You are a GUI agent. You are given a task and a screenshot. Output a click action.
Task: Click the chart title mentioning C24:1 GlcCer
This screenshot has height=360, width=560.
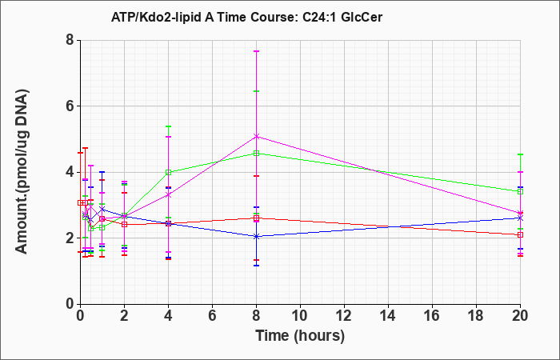[x=246, y=17]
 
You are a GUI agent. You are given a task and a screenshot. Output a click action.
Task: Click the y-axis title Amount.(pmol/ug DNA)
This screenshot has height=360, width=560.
[x=22, y=172]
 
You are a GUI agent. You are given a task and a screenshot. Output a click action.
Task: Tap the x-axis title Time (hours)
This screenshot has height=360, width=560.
[x=300, y=336]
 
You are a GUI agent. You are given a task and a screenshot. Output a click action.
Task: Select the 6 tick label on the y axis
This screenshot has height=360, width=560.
[x=70, y=106]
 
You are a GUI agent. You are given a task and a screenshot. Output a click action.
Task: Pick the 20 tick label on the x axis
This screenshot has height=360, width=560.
[x=520, y=315]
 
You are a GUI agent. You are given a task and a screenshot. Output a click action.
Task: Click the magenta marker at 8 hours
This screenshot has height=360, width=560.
[x=257, y=136]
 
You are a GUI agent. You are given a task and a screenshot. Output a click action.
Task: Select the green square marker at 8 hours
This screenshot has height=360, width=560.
[x=257, y=154]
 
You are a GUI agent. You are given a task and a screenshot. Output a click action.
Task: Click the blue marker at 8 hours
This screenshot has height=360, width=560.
[x=257, y=236]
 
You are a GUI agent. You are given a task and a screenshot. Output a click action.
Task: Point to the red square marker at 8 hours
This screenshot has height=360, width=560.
[x=257, y=218]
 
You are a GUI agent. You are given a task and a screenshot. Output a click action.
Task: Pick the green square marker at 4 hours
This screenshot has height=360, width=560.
[x=169, y=172]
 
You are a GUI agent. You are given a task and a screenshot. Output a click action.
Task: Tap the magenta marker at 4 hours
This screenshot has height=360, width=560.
[x=169, y=194]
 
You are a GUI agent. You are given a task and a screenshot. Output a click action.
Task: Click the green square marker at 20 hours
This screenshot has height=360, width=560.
[x=520, y=191]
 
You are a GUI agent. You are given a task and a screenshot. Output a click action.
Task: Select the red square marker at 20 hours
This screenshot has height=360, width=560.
[x=520, y=234]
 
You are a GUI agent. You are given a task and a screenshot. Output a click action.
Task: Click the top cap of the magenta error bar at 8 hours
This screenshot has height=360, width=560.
[x=257, y=51]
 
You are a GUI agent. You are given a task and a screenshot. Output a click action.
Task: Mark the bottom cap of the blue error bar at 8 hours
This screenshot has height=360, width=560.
[x=257, y=266]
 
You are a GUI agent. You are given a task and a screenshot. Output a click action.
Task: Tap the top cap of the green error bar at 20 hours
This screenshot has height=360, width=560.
[x=520, y=154]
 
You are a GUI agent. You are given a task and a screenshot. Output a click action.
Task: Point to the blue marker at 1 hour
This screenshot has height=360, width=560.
[x=102, y=209]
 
